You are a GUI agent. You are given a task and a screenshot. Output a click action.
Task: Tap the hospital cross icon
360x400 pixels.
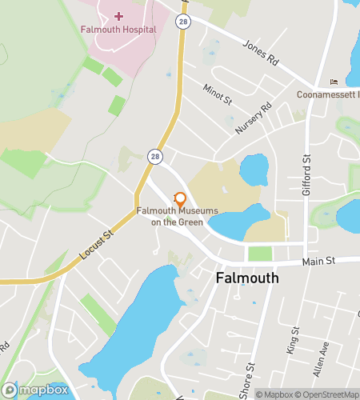point(118,15)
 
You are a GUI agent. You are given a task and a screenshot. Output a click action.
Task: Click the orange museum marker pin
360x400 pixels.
point(180,198)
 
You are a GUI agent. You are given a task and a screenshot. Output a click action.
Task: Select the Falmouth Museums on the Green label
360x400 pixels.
point(177,216)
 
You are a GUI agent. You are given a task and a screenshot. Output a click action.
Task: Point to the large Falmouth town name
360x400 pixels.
point(247,278)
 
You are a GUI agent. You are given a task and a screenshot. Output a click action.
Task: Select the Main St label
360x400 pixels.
point(318,261)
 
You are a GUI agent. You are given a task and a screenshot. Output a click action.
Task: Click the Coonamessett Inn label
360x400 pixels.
point(327,94)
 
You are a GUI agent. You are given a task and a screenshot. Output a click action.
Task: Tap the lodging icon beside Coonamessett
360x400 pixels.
point(334,82)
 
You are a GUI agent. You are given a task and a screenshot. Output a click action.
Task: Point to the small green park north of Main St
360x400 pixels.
point(260,254)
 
